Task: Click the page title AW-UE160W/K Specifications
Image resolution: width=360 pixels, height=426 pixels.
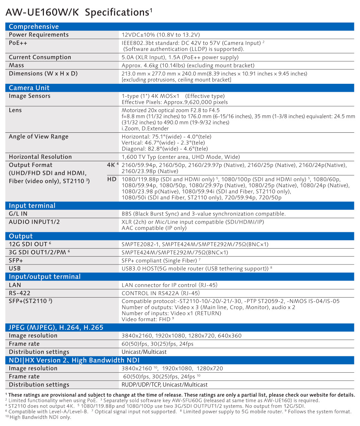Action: (x=79, y=12)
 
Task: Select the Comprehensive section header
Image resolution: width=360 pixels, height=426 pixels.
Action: (x=34, y=27)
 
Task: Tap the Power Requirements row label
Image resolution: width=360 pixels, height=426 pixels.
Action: (x=39, y=35)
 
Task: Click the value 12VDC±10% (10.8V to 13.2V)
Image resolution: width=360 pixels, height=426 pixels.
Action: (x=161, y=35)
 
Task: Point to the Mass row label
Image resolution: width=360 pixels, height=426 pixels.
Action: (x=16, y=65)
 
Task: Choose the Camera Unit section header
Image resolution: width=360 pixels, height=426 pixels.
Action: (x=29, y=88)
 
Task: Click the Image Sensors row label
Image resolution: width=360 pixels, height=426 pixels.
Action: (x=29, y=96)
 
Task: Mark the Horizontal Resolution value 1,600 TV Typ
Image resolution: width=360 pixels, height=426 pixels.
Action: (x=181, y=157)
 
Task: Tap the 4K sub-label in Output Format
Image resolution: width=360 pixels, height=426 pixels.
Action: (x=112, y=165)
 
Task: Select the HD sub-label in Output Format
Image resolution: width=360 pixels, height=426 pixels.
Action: (x=112, y=179)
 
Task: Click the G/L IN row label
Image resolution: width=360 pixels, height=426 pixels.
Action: (x=18, y=214)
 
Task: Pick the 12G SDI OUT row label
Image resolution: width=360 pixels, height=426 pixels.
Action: (x=28, y=244)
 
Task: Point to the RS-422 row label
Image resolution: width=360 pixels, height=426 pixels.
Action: (x=19, y=293)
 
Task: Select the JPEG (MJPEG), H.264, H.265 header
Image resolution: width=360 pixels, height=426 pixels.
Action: (x=56, y=327)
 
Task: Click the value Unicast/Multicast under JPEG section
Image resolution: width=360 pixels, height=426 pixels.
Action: (x=144, y=352)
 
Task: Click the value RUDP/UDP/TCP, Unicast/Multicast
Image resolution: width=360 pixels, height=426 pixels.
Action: (x=164, y=385)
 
